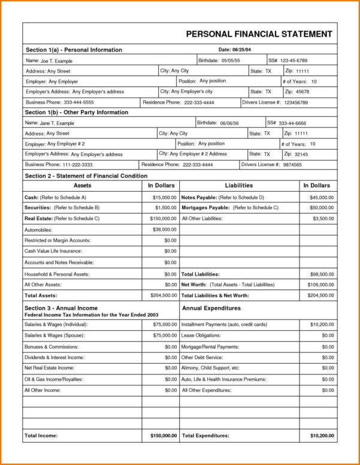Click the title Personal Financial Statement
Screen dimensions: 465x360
259,34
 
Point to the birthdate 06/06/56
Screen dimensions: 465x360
229,123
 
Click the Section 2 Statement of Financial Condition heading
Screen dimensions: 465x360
85,176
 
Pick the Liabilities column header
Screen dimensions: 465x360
238,186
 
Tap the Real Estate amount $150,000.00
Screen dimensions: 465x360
163,219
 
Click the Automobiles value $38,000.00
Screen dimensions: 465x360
164,230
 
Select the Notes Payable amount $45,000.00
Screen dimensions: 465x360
322,197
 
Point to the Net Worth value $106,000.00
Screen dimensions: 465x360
320,285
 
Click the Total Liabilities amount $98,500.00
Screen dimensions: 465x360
322,274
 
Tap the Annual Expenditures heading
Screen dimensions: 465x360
211,308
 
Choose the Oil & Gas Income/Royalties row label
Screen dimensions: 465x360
53,379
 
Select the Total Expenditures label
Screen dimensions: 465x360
205,435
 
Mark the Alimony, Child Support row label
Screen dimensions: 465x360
210,368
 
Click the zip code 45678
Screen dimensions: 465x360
303,92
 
